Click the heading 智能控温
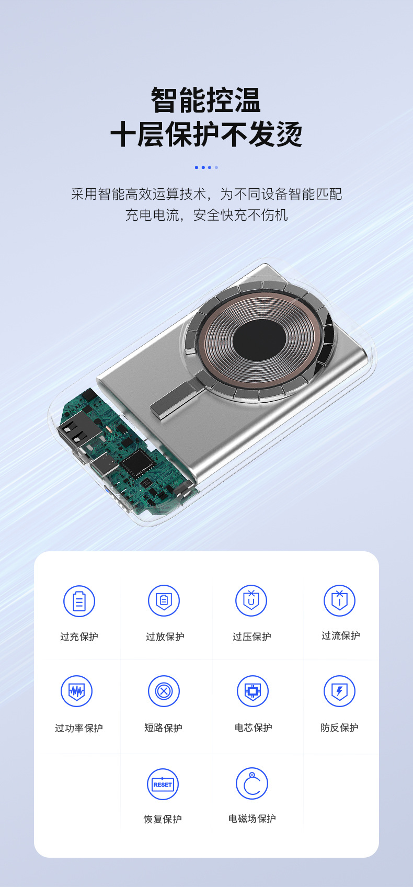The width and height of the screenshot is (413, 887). coord(206,100)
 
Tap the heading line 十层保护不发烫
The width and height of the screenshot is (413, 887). coord(206,134)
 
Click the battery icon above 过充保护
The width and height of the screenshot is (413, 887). coord(79,601)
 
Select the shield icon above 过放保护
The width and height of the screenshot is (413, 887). coord(164,600)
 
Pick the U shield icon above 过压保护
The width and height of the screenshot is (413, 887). coord(251,600)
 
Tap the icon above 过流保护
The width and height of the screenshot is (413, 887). coord(339,600)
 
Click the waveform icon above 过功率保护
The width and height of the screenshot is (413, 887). coord(76,691)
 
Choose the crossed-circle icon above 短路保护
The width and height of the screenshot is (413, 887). coord(164,691)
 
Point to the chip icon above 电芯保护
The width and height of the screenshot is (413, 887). coord(253,691)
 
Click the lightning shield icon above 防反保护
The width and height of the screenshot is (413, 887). coord(339,691)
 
